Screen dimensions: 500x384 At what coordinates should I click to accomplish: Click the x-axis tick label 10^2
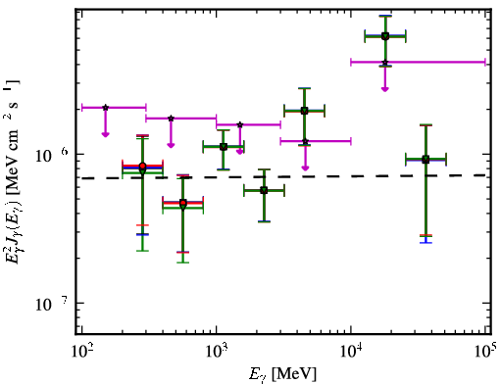pos(81,352)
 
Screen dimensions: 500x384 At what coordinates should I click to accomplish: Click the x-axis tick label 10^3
pos(217,352)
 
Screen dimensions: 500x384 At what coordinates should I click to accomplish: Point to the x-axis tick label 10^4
pos(351,352)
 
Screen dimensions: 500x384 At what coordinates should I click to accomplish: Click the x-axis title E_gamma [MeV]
pos(283,374)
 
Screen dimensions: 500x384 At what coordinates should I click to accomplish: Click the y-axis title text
pos(13,171)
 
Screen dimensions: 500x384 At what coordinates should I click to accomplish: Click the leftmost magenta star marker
pos(105,108)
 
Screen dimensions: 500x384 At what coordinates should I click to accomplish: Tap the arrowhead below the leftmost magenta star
pos(105,134)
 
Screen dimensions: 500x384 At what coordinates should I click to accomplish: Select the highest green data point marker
pos(385,36)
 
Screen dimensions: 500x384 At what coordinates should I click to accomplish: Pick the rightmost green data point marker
pos(425,160)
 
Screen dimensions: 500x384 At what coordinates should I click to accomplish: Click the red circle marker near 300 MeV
pos(142,167)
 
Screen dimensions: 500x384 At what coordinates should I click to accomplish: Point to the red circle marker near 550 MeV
pos(183,203)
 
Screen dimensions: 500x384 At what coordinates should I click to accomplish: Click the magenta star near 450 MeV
pos(171,119)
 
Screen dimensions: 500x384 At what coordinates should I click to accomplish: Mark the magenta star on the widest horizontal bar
pos(385,62)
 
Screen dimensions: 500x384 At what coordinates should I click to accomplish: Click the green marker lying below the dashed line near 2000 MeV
pos(264,190)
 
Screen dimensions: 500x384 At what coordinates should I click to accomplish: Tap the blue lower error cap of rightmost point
pos(425,243)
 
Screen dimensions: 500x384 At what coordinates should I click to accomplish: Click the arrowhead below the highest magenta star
pos(385,89)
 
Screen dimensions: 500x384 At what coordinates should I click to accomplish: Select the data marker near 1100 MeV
pos(224,147)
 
